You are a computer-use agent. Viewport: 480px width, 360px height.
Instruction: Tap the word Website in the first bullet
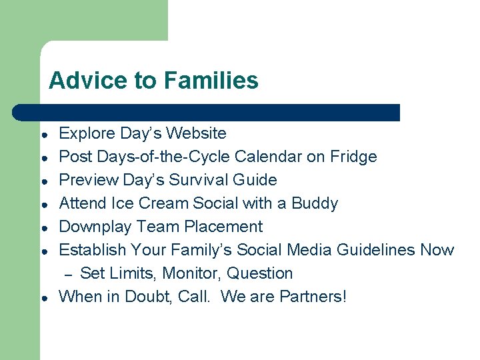[196, 133]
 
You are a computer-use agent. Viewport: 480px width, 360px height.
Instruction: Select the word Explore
[87, 133]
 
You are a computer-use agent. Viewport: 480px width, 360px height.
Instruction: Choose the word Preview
[87, 180]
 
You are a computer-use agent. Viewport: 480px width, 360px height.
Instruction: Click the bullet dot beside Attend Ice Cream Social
[43, 204]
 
